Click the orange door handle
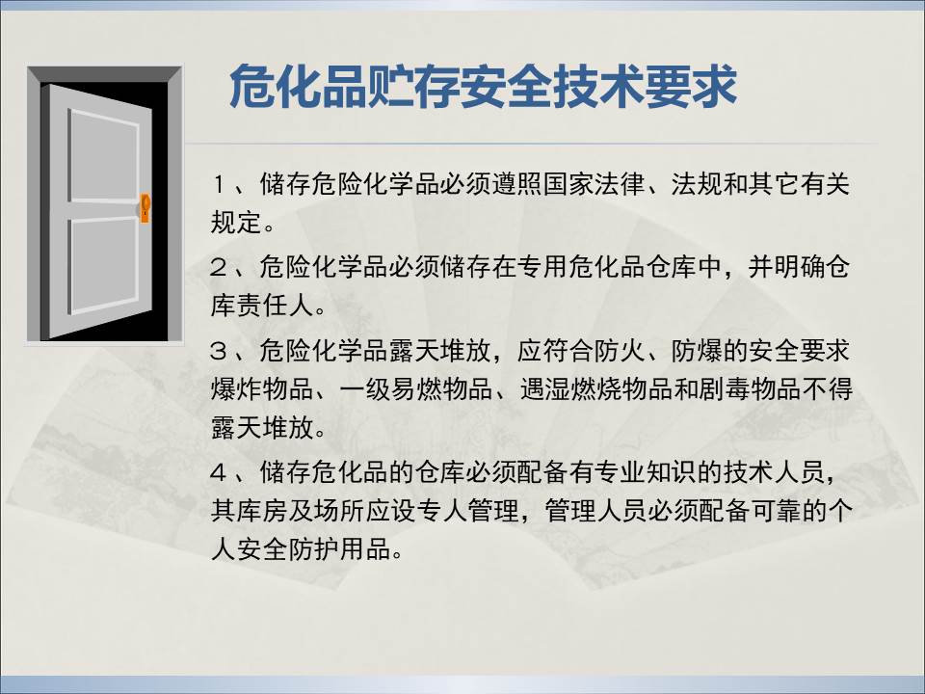[x=145, y=208]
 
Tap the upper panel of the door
[x=103, y=155]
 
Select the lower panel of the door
[x=103, y=265]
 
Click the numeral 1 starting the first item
[x=219, y=185]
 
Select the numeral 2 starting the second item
[x=219, y=268]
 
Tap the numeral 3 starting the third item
[x=219, y=351]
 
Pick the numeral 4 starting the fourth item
[x=219, y=472]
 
